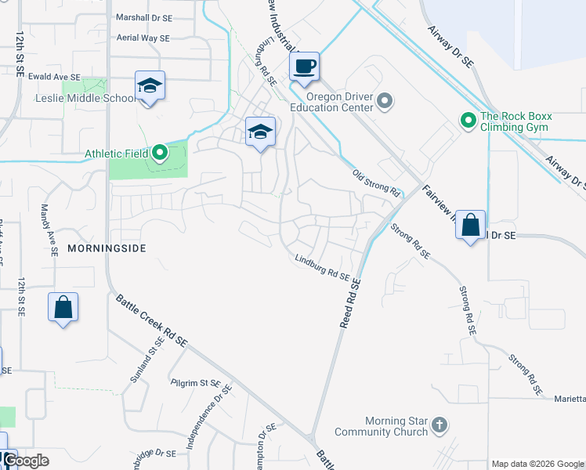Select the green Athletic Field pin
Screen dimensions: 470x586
(x=160, y=152)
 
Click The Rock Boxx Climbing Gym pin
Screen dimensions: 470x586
(x=468, y=121)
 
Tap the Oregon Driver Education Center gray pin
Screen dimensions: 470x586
(x=384, y=100)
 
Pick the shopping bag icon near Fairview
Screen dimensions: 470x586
(x=470, y=225)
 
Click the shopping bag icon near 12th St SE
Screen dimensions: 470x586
(x=63, y=307)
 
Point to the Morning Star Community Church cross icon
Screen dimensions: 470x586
(x=439, y=425)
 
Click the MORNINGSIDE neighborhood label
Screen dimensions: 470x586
(x=107, y=248)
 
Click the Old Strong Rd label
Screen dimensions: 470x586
(x=376, y=183)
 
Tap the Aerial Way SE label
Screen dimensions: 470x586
(x=142, y=38)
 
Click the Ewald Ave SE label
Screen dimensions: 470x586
(x=55, y=77)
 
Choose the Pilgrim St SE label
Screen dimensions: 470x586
(x=197, y=383)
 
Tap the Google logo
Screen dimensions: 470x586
(x=26, y=461)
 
